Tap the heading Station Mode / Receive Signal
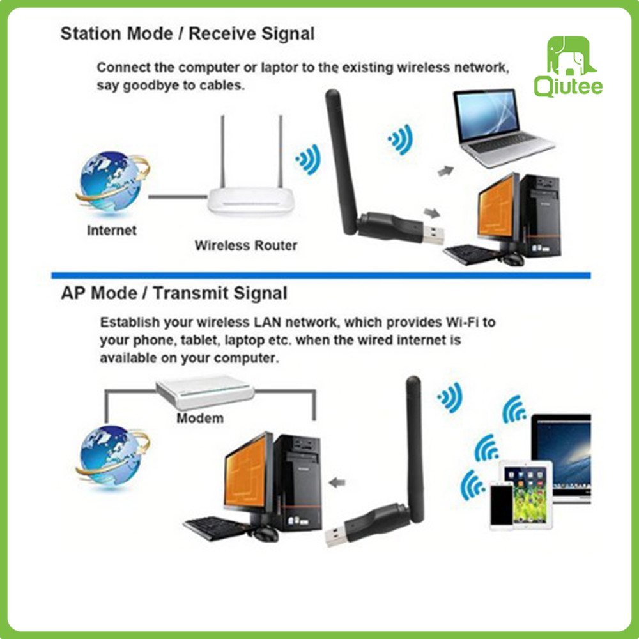pos(187,34)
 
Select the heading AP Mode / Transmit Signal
pos(174,293)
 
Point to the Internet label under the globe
pos(111,230)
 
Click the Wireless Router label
pos(246,245)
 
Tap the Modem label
pos(199,418)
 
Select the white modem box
pos(205,392)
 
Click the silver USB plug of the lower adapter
pos(337,537)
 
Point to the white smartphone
pos(501,505)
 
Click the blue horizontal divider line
pos(321,275)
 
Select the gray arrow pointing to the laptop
pos(445,171)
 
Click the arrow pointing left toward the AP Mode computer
pos(337,483)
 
